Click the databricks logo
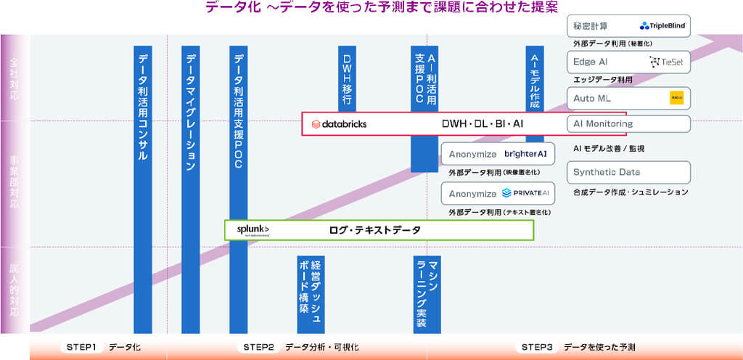click(339, 123)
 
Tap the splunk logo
click(253, 229)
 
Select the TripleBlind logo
click(662, 25)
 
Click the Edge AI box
click(628, 62)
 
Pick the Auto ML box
click(628, 98)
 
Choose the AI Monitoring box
click(628, 123)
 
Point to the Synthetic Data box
click(628, 172)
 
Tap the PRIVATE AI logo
click(525, 193)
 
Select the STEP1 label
click(81, 347)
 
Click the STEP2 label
click(258, 347)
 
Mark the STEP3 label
click(538, 347)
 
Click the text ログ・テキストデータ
click(374, 230)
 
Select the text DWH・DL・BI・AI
click(483, 124)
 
